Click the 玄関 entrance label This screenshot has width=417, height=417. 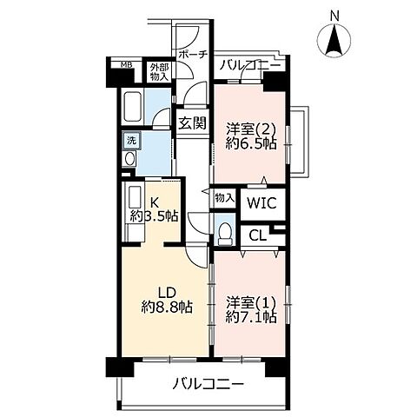(x=193, y=122)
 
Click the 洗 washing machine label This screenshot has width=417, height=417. (x=131, y=139)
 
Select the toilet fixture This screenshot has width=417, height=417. (x=223, y=232)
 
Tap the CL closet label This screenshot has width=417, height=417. (x=257, y=234)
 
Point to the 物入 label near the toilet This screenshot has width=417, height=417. (x=224, y=199)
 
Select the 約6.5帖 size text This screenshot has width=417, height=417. (x=251, y=145)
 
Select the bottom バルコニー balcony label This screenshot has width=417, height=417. (x=207, y=383)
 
